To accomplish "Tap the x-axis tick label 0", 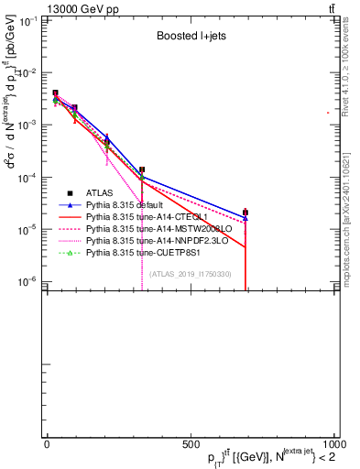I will [47, 444].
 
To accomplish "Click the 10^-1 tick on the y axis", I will [30, 20].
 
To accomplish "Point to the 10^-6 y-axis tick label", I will [30, 280].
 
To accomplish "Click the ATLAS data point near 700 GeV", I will [245, 212].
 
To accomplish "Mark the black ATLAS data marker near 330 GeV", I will [142, 169].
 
